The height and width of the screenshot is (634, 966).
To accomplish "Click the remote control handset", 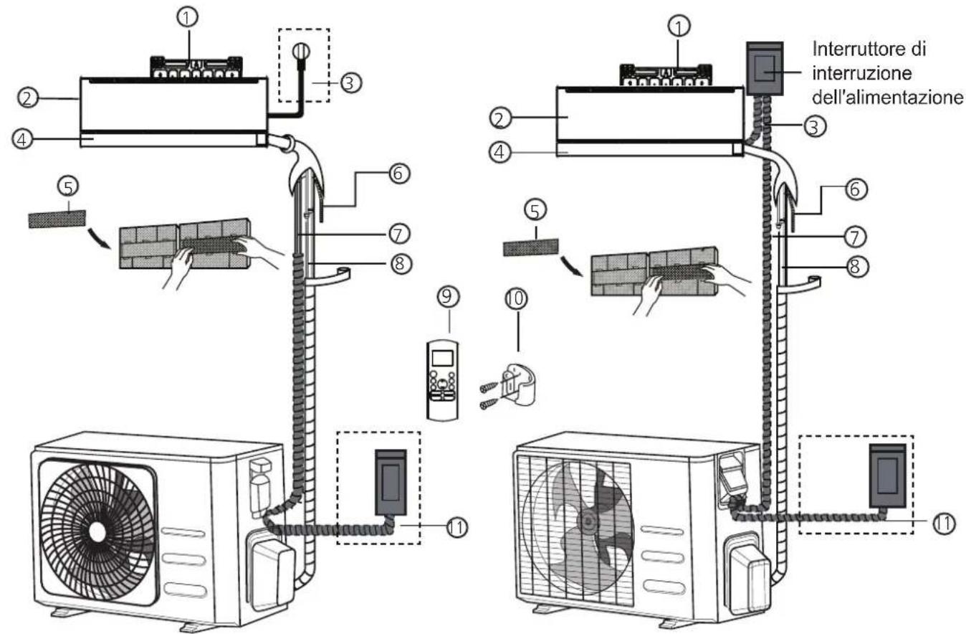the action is tap(442, 380).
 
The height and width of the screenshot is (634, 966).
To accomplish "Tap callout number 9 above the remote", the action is tap(448, 296).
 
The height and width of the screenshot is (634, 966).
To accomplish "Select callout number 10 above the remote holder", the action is tap(516, 298).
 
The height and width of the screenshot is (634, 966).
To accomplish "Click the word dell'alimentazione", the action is tap(887, 98).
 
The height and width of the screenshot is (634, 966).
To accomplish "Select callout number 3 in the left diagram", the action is tap(350, 82).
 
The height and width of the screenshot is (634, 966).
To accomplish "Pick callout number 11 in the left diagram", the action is tap(456, 527).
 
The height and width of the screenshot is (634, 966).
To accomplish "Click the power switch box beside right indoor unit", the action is tap(765, 68).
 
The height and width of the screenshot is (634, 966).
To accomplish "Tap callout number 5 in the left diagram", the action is tap(68, 187).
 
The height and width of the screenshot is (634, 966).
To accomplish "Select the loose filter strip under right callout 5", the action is tap(531, 247).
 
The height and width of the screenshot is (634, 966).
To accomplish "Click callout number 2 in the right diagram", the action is tap(501, 118).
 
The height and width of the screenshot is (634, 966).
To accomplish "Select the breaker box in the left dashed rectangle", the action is tap(391, 483).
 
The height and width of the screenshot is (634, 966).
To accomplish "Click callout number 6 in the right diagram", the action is tap(856, 189).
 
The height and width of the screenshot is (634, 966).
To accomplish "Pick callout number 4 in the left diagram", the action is tap(22, 139).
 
